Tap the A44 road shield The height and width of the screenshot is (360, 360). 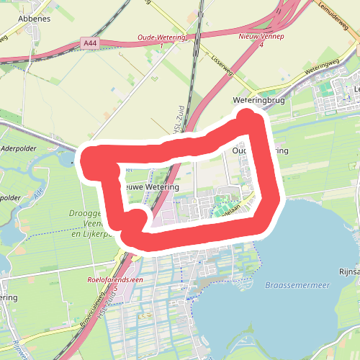pyautogui.click(x=90, y=44)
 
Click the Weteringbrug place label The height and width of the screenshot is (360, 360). pyautogui.click(x=259, y=101)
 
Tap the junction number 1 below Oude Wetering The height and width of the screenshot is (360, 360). pyautogui.click(x=161, y=46)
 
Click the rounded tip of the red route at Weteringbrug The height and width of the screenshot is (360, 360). pyautogui.click(x=248, y=114)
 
